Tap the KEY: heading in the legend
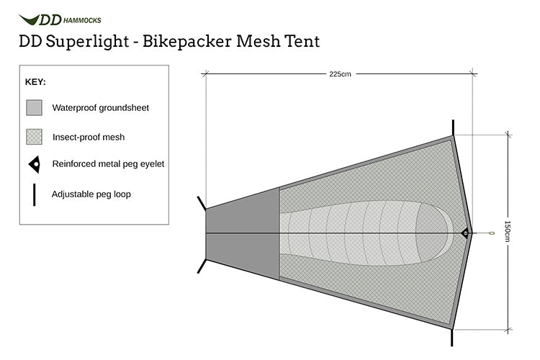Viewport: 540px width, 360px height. [36, 82]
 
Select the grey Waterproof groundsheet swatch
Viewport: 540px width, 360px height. [35, 108]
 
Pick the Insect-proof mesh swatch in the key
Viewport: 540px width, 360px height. [35, 136]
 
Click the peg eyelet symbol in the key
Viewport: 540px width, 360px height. [34, 164]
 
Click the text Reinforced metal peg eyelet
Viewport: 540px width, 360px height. [108, 164]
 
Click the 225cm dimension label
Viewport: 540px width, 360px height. [340, 73]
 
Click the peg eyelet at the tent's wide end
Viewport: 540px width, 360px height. [464, 233]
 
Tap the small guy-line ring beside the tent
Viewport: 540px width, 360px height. [492, 233]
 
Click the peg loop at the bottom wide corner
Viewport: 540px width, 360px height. [454, 336]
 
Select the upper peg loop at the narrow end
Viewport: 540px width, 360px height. [200, 202]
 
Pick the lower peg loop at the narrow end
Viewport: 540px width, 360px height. [201, 265]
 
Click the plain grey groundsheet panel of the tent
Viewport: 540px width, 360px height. [243, 233]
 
